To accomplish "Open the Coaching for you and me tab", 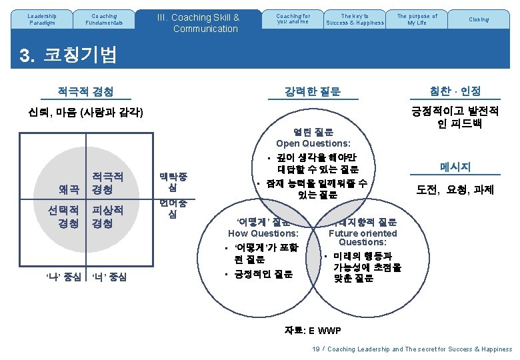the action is (x=293, y=19).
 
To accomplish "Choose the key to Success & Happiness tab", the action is (x=355, y=19).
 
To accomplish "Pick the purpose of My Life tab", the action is (x=417, y=19).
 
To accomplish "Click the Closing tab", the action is (x=478, y=19).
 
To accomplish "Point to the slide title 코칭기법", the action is (x=79, y=55).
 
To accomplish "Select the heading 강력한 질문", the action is (x=312, y=91).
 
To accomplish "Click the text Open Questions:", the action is (x=313, y=143).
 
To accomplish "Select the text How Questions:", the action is (x=263, y=233).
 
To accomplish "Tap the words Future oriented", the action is (x=362, y=233).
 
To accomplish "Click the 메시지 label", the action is (x=455, y=167).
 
